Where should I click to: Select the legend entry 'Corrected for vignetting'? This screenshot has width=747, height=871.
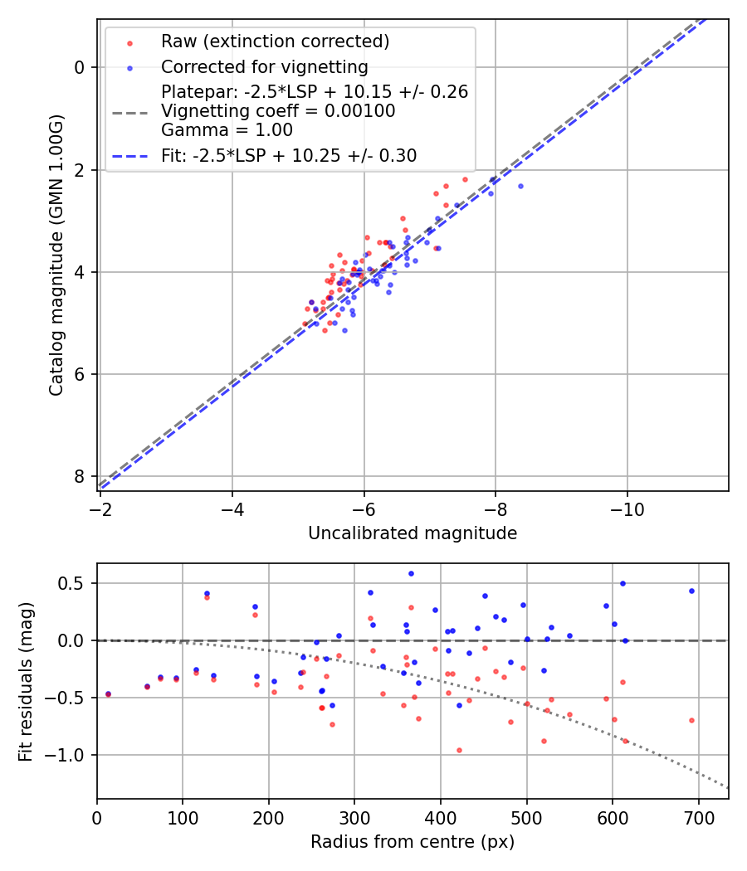pyautogui.click(x=264, y=66)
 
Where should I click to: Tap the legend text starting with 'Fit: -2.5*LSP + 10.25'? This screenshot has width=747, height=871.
pyautogui.click(x=289, y=155)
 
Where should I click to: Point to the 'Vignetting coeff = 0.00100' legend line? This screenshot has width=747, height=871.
pyautogui.click(x=278, y=111)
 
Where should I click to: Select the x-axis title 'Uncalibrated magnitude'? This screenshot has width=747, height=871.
pyautogui.click(x=413, y=533)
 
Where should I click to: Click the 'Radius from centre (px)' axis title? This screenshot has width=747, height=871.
pyautogui.click(x=413, y=842)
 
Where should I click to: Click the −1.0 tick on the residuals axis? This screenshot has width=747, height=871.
pyautogui.click(x=71, y=755)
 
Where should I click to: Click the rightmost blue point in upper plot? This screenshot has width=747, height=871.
pyautogui.click(x=520, y=186)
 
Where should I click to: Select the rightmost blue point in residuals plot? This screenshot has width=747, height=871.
pyautogui.click(x=691, y=591)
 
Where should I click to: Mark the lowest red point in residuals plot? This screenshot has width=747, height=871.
pyautogui.click(x=459, y=750)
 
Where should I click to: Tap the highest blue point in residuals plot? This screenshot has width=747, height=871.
pyautogui.click(x=411, y=573)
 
